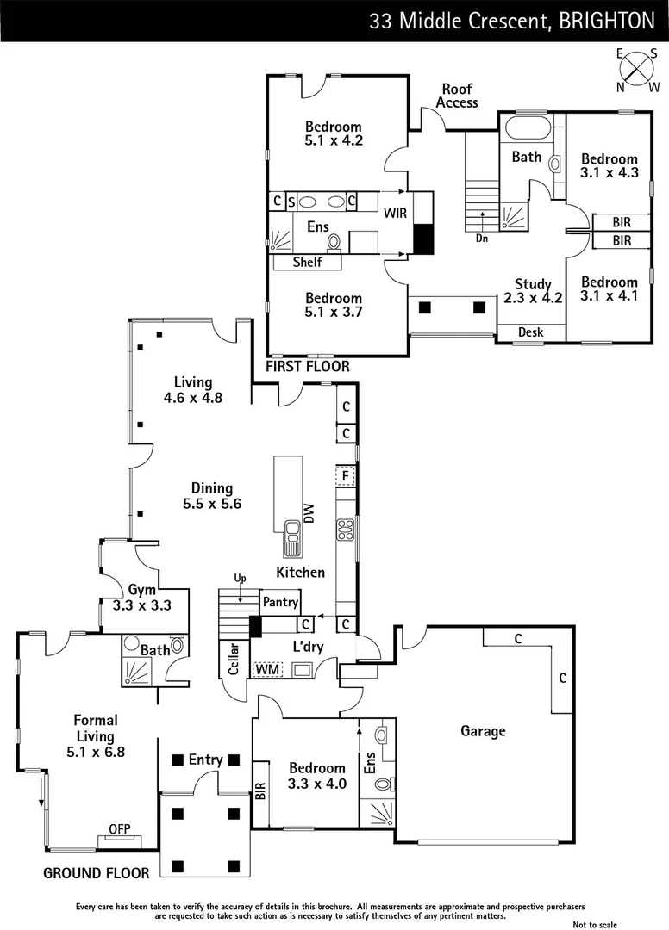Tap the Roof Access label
pyautogui.click(x=457, y=96)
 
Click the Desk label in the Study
pyautogui.click(x=530, y=332)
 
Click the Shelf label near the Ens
pyautogui.click(x=308, y=263)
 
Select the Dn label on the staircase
pyautogui.click(x=481, y=238)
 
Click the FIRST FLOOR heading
pyautogui.click(x=308, y=367)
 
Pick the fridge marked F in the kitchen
pyautogui.click(x=345, y=475)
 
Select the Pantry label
pyautogui.click(x=281, y=602)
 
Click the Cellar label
pyautogui.click(x=231, y=660)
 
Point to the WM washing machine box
pyautogui.click(x=266, y=668)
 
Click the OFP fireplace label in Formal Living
pyautogui.click(x=119, y=829)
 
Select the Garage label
pyautogui.click(x=482, y=731)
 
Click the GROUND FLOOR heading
pyautogui.click(x=97, y=873)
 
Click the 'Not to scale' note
pyautogui.click(x=595, y=924)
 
